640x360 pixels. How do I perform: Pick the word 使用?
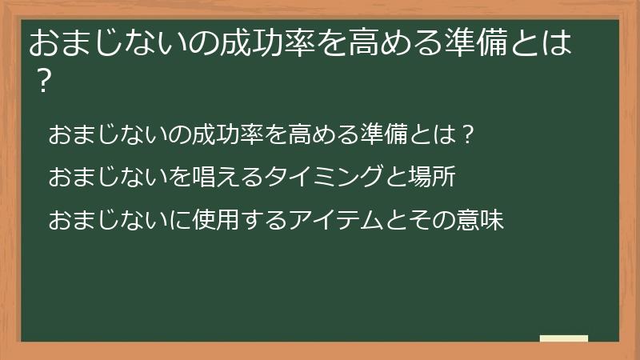(206, 219)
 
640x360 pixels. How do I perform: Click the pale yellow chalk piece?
(564, 339)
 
